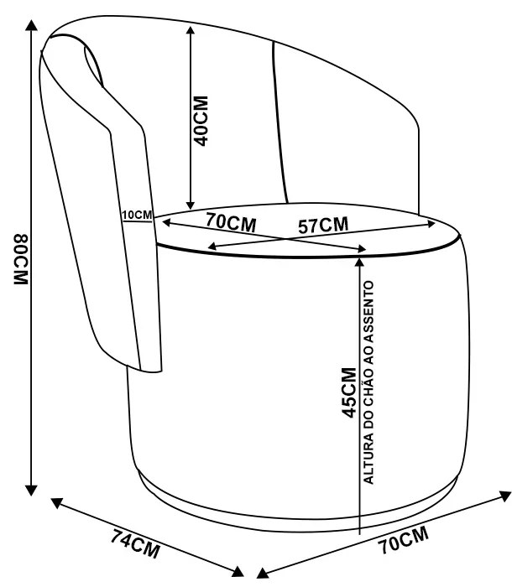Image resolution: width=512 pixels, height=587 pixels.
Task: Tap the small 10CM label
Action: (136, 214)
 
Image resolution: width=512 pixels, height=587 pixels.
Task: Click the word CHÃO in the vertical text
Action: (369, 378)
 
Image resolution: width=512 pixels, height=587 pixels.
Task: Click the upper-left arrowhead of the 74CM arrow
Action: (58, 503)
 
